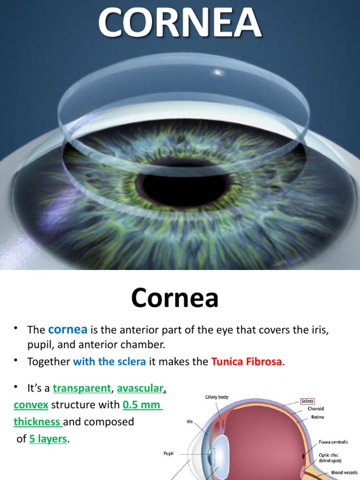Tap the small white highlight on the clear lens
[217, 72]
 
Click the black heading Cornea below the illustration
[174, 298]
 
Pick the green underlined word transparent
[82, 388]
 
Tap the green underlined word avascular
[140, 388]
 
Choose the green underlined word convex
[31, 405]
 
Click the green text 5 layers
[48, 439]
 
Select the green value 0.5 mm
[142, 405]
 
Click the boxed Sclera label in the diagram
[307, 401]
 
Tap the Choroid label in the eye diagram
[315, 409]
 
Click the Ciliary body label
[216, 397]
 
